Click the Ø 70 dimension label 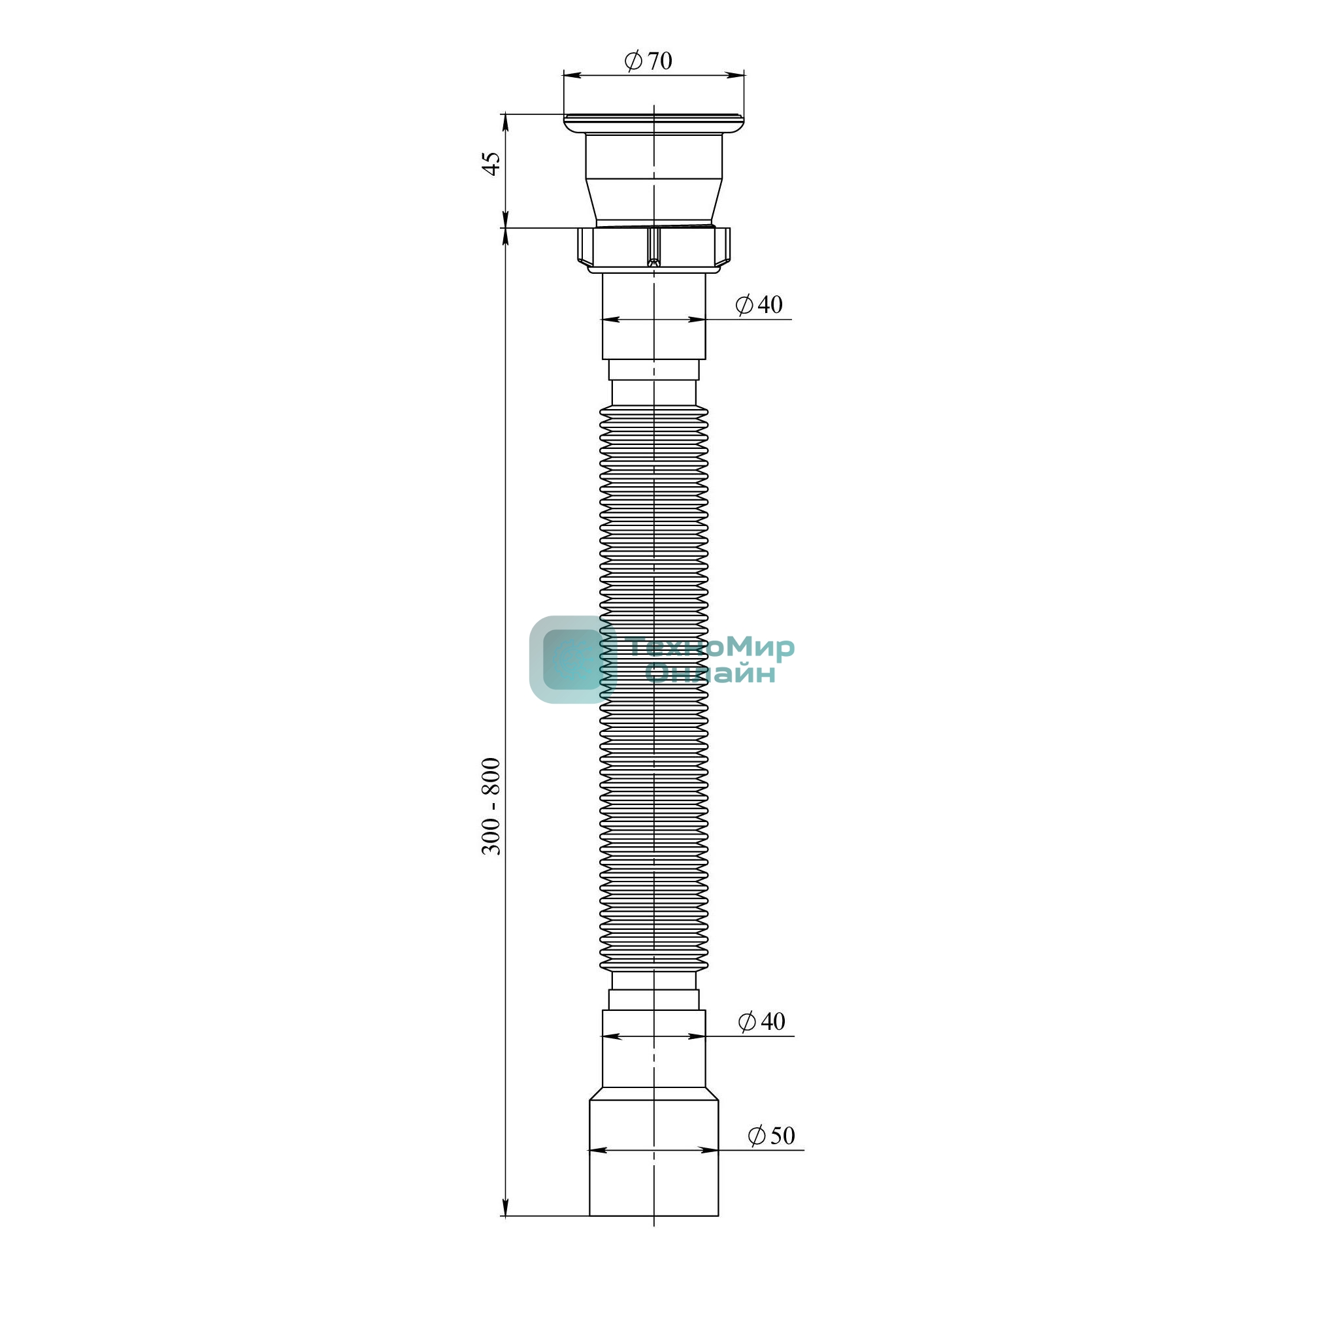pyautogui.click(x=648, y=61)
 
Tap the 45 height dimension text pyautogui.click(x=491, y=164)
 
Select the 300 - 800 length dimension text pyautogui.click(x=491, y=806)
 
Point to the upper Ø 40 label pyautogui.click(x=759, y=304)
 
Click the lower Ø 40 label pyautogui.click(x=761, y=1021)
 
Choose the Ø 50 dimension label pyautogui.click(x=771, y=1135)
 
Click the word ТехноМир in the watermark pyautogui.click(x=710, y=646)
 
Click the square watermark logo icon pyautogui.click(x=572, y=659)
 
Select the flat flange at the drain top pyautogui.click(x=654, y=124)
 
